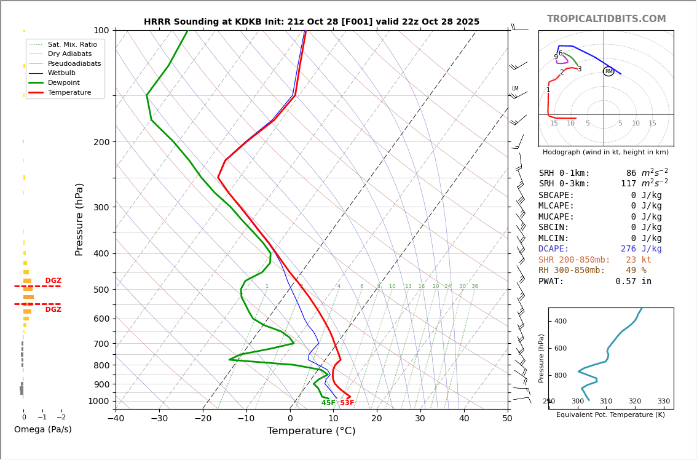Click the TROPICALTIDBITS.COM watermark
click(x=606, y=19)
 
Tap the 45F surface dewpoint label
click(x=328, y=403)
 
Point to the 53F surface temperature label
click(x=347, y=403)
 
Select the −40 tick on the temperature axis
click(x=116, y=419)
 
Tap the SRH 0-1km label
click(x=564, y=173)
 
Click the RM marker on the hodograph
click(x=608, y=71)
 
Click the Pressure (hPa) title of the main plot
click(x=80, y=219)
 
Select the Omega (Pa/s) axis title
click(x=43, y=429)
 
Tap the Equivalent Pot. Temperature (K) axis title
click(x=610, y=414)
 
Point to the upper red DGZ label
click(x=53, y=281)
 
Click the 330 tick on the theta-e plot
click(x=664, y=401)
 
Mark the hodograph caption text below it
click(x=605, y=152)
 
